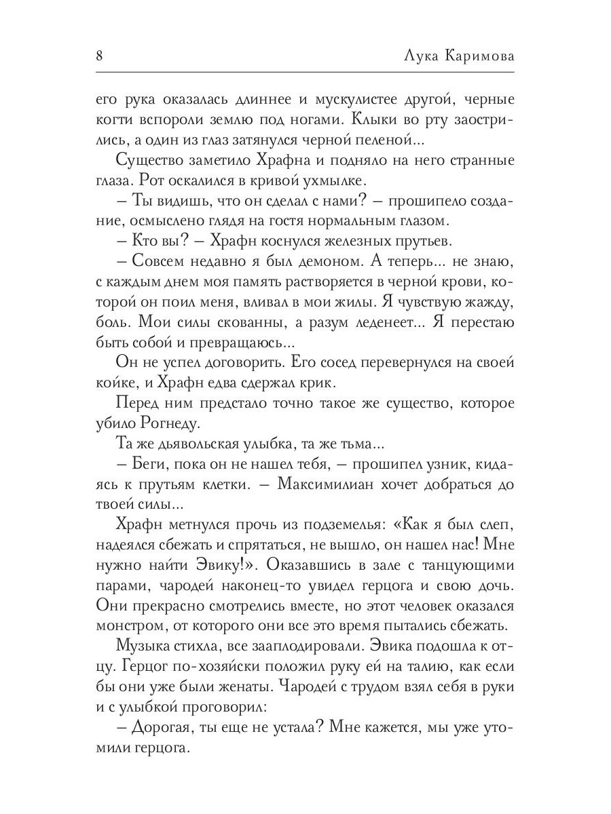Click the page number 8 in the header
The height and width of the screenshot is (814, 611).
point(99,55)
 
